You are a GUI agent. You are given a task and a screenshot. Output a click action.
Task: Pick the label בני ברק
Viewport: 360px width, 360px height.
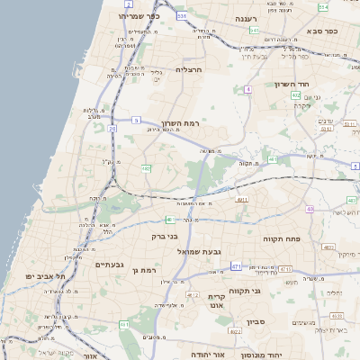166,236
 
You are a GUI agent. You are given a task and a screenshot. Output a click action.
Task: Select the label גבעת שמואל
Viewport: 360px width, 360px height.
199,251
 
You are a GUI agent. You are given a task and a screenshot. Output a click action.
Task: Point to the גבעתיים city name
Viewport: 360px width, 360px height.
109,265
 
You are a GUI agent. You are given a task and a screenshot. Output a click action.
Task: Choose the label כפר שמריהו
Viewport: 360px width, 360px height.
143,16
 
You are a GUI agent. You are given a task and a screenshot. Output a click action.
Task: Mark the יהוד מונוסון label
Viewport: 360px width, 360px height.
262,355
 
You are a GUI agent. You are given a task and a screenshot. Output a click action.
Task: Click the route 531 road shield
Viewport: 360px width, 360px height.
183,15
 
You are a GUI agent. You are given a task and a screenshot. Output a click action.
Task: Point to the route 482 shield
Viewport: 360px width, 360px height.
146,167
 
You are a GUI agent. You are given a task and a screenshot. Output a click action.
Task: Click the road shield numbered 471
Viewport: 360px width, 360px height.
236,266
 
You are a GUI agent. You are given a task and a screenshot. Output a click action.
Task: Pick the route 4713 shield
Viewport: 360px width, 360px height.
284,268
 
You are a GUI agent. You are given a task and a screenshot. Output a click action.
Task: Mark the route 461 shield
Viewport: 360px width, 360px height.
124,324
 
